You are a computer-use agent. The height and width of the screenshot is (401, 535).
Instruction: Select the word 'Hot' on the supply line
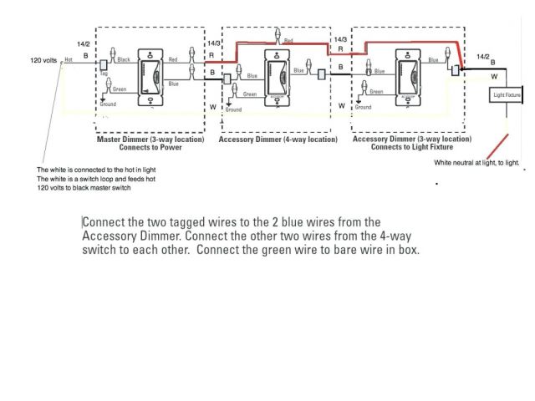click(x=69, y=59)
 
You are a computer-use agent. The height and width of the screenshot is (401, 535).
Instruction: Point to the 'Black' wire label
click(x=124, y=59)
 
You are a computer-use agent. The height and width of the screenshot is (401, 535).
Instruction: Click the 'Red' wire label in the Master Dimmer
click(x=173, y=59)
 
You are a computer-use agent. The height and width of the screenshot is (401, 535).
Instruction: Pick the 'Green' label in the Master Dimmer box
click(x=120, y=89)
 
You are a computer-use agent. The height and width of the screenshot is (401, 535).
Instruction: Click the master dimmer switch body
click(x=150, y=79)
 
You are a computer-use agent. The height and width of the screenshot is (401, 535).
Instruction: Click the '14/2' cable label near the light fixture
click(x=483, y=57)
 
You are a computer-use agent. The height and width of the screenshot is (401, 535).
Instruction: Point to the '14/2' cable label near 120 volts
click(x=84, y=43)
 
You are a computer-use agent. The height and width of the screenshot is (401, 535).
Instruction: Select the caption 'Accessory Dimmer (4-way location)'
click(x=278, y=140)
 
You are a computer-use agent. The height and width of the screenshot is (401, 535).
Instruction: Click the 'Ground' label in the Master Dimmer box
click(x=109, y=104)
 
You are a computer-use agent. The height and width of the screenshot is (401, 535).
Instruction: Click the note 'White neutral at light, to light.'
click(x=476, y=162)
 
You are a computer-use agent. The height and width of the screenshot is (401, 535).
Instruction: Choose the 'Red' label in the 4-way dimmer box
click(x=288, y=40)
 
